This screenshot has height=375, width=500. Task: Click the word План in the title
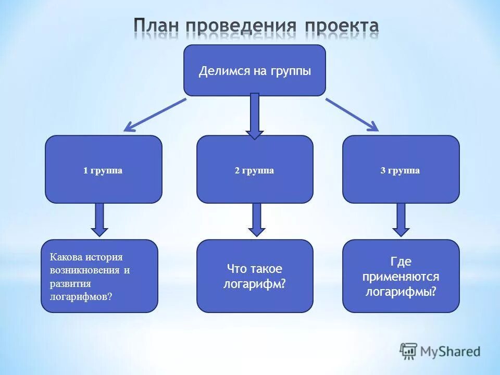click(x=156, y=26)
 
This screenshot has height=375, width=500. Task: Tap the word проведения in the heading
click(x=242, y=26)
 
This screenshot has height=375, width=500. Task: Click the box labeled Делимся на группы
click(x=255, y=70)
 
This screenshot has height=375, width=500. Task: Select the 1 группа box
click(x=103, y=170)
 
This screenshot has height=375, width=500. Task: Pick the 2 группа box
click(x=255, y=170)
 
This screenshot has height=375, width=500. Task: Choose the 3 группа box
click(x=401, y=170)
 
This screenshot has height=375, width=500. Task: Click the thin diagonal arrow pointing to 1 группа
click(x=155, y=114)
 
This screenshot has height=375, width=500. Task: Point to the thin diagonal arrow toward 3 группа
click(x=352, y=114)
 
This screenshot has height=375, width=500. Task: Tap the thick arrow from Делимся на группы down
click(x=255, y=116)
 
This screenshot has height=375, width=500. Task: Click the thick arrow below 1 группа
click(x=99, y=219)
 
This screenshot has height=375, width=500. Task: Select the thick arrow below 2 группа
click(x=256, y=219)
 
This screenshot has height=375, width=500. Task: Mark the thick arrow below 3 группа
click(x=401, y=219)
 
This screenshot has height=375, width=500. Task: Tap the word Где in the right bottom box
click(x=401, y=261)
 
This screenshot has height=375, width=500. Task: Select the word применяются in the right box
click(x=401, y=277)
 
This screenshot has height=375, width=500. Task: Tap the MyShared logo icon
click(x=409, y=351)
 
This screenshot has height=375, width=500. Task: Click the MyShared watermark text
click(x=451, y=352)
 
